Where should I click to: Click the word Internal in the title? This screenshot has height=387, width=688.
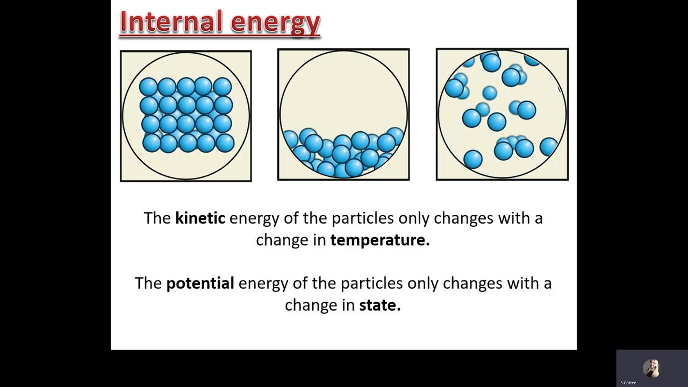[171, 23]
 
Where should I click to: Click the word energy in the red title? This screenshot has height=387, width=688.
[275, 24]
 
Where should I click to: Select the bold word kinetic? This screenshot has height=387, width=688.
[200, 218]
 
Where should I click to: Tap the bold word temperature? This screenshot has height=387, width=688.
[379, 240]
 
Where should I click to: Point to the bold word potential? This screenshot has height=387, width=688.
[200, 283]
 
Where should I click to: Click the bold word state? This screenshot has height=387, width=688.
[379, 305]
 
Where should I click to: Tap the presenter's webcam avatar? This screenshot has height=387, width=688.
[651, 368]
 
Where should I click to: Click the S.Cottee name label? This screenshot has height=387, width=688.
[628, 383]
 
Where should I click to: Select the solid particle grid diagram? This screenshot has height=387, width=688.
[186, 116]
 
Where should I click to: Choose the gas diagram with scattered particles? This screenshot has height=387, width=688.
[502, 114]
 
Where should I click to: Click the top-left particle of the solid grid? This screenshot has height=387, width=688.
[148, 87]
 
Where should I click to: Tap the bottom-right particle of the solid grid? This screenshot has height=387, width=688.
[225, 143]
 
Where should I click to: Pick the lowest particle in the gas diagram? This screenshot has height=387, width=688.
[473, 159]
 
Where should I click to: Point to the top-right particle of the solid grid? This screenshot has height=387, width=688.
[223, 87]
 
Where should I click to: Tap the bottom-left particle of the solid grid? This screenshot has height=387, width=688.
[152, 143]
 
